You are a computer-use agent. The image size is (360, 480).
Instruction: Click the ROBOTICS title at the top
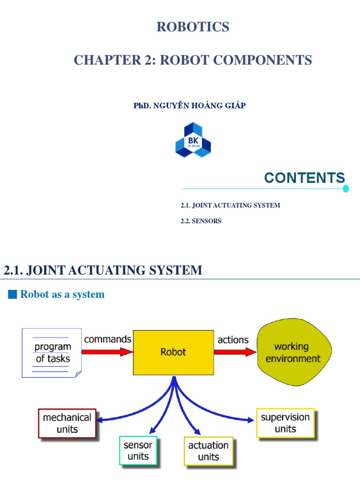pos(193,27)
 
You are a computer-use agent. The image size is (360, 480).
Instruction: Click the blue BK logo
pos(193,140)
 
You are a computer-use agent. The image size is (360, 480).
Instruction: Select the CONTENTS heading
pos(304,178)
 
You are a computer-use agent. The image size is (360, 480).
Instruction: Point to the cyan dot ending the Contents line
pos(346,189)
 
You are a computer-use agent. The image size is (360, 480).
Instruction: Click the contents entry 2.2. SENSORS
pos(201,221)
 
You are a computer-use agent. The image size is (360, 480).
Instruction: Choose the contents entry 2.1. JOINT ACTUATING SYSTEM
pos(230,205)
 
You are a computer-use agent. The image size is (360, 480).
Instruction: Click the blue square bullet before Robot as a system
pos(13,294)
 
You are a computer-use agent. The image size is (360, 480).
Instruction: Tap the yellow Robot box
pos(173,352)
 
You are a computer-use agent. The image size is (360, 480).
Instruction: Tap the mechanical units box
pos(67,423)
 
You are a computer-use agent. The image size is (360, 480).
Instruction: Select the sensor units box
pos(138,450)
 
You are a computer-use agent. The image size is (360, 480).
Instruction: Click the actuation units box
pos(208,451)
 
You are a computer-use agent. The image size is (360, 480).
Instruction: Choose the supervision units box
pos(285,423)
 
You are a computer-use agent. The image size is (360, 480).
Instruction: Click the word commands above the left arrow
pos(108,339)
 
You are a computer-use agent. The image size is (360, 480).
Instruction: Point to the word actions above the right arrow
pos(233,339)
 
